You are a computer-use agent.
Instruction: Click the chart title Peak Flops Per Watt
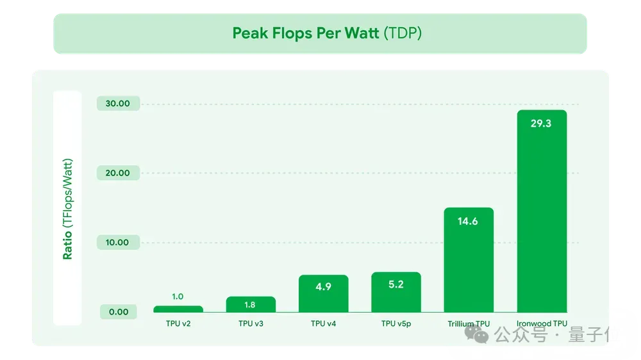point(305,33)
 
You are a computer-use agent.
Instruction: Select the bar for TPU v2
point(178,309)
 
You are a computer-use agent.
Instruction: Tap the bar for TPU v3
point(251,305)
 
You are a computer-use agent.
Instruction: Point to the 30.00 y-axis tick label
point(118,104)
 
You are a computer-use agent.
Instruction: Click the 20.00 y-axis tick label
point(118,173)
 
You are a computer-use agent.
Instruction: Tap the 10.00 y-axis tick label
point(118,243)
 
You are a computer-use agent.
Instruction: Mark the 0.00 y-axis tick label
point(118,312)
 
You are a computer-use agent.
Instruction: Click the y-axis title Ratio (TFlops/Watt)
point(67,208)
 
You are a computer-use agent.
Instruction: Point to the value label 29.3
point(541,124)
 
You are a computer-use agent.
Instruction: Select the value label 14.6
point(469,222)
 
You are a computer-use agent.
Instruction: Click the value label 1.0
point(178,297)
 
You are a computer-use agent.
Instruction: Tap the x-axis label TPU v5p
point(396,324)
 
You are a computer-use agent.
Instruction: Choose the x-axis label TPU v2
point(178,324)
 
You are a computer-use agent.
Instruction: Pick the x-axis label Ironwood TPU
point(541,323)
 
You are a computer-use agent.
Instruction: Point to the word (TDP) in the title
point(403,33)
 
